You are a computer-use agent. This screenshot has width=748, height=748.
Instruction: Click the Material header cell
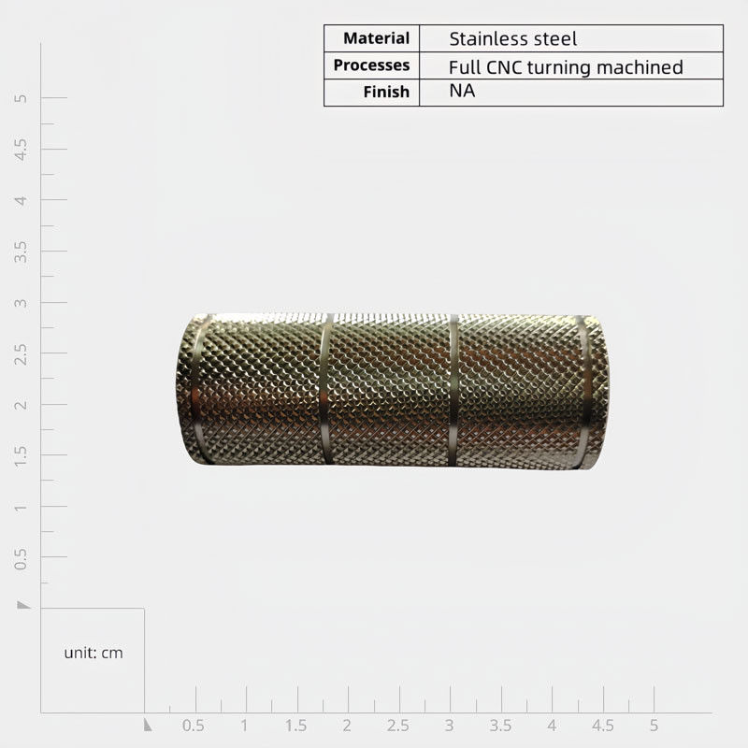[377, 38]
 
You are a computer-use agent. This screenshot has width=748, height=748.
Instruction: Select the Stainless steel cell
[512, 38]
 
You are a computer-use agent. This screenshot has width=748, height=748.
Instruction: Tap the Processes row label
[371, 65]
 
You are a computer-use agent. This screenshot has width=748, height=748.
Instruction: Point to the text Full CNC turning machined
[566, 67]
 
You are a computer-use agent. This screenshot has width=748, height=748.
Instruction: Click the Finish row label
[386, 92]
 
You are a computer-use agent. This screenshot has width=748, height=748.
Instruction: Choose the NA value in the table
[462, 91]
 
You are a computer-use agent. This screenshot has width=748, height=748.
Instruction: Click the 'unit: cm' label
[93, 653]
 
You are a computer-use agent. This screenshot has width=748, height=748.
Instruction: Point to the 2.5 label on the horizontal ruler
[398, 726]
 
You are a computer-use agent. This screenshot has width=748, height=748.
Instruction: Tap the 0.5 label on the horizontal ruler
[194, 726]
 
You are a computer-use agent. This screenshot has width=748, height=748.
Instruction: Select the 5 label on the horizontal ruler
[654, 726]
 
